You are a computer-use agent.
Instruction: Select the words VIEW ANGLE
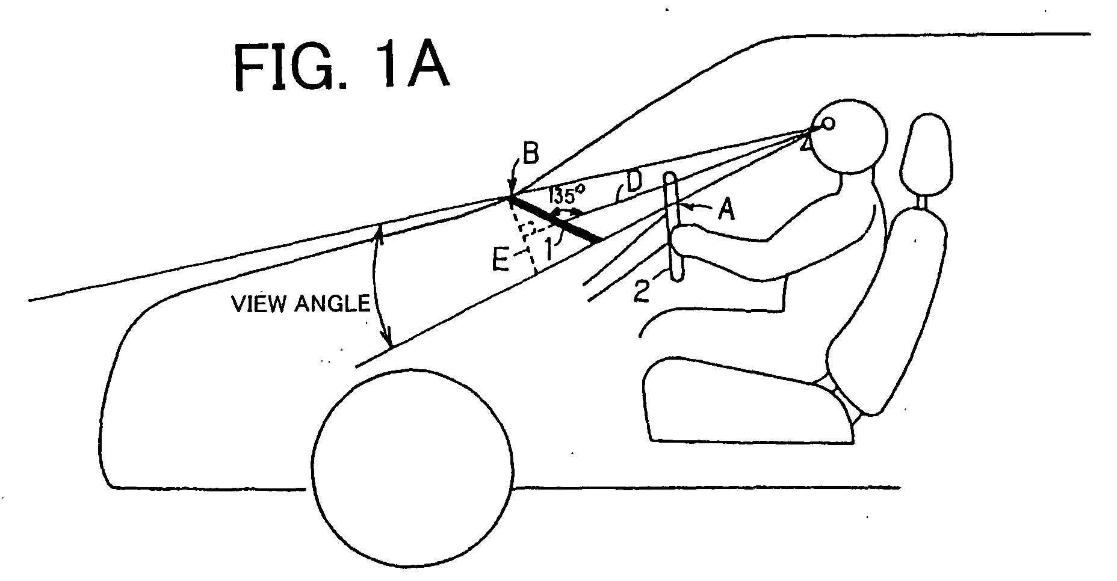301,304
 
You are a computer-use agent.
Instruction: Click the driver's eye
828,124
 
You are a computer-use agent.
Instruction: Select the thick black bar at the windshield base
555,220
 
